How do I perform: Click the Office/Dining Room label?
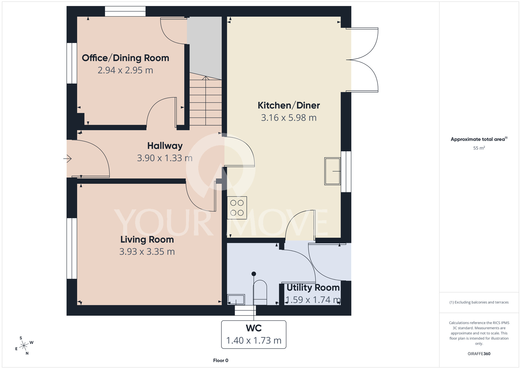click(125, 58)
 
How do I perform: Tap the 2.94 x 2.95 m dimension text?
click(125, 70)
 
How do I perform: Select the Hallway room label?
click(165, 146)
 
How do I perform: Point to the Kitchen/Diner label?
click(289, 105)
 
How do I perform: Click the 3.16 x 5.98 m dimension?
click(289, 118)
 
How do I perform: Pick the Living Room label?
click(147, 240)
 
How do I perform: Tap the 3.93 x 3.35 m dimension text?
click(147, 252)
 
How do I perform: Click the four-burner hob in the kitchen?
click(237, 208)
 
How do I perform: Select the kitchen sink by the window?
click(332, 171)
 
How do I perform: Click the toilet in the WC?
click(260, 292)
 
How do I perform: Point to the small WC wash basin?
click(236, 300)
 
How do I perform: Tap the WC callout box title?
click(254, 328)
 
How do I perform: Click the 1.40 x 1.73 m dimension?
click(254, 341)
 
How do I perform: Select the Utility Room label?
click(313, 288)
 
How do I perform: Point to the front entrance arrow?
click(67, 158)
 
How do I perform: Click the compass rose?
click(24, 346)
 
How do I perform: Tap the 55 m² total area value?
click(479, 148)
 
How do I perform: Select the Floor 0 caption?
click(221, 360)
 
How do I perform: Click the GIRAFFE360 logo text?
click(479, 354)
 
